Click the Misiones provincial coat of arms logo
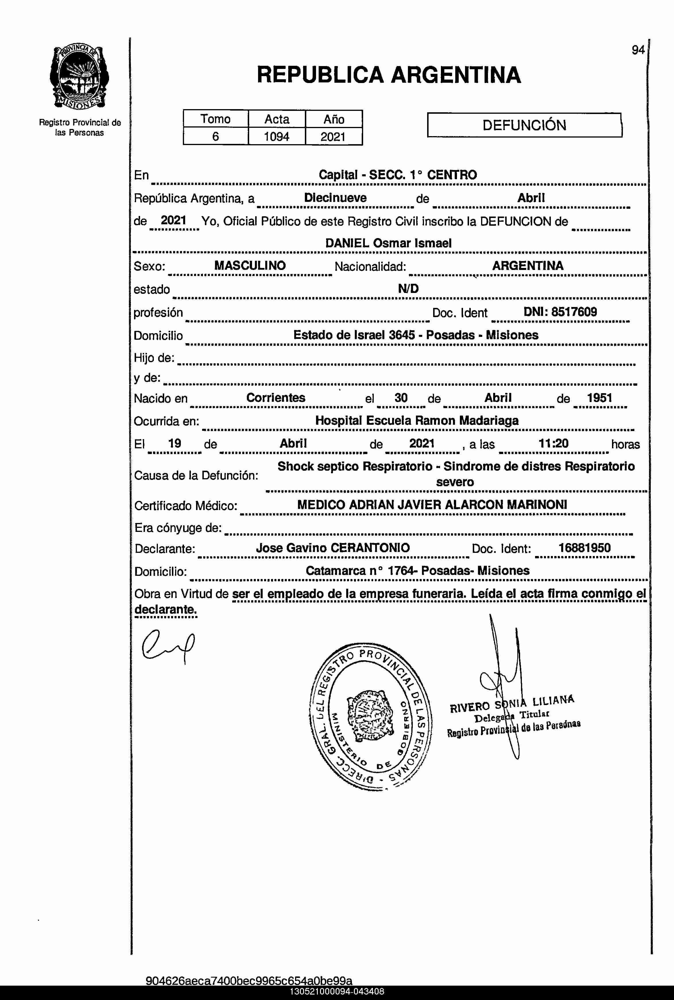point(80,77)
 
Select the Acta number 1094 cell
point(276,137)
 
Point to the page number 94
point(638,50)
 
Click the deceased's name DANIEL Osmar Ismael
point(388,243)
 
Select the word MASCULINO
point(250,266)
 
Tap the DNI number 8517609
point(574,312)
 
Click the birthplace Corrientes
point(276,398)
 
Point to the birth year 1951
point(599,398)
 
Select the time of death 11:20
point(554,443)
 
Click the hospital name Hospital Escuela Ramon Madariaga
point(417,420)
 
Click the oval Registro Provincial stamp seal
point(371,715)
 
